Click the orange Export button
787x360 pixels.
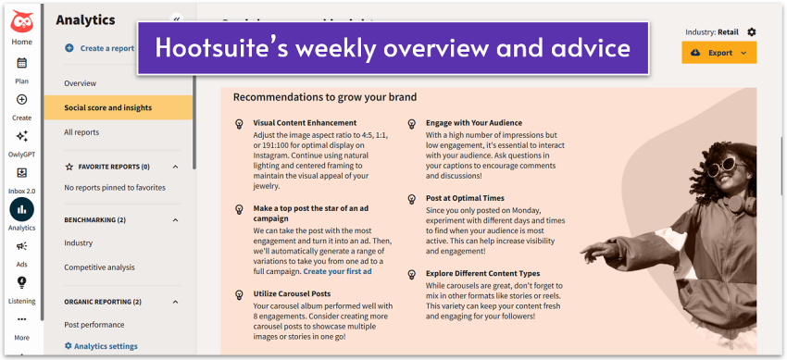pos(718,53)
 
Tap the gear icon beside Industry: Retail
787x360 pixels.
pos(751,31)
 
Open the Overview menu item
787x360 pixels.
pos(80,83)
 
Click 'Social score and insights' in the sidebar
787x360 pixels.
pos(107,107)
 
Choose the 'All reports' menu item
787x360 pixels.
pos(81,132)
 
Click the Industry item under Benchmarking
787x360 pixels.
pos(78,243)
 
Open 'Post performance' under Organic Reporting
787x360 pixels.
pos(94,325)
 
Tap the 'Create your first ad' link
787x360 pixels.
pos(337,271)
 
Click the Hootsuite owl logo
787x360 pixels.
pos(21,20)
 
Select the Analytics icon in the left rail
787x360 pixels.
pos(21,209)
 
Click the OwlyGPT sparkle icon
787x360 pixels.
pos(21,136)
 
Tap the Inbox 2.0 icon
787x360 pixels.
pos(21,173)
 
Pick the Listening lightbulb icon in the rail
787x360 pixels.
pos(21,282)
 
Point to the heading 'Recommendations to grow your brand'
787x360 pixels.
pos(324,96)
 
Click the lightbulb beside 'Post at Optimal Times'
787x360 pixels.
pos(412,198)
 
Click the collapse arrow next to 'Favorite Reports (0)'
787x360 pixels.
pos(175,167)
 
